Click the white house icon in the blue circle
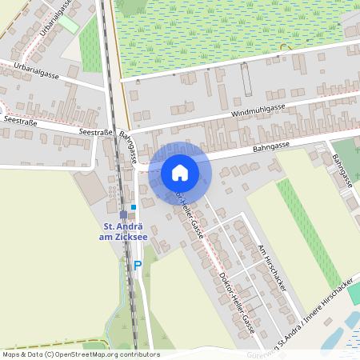[180, 172]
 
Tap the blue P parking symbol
[138, 265]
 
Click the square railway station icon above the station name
[123, 214]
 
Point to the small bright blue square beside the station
[134, 207]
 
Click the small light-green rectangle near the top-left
[69, 24]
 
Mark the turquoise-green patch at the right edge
[353, 294]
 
